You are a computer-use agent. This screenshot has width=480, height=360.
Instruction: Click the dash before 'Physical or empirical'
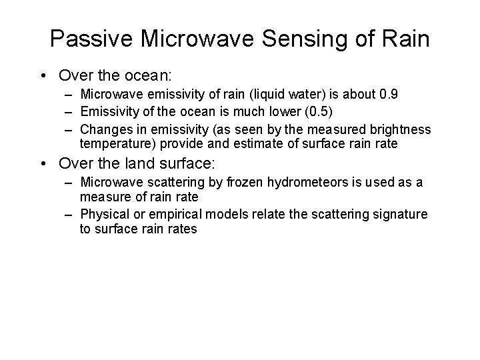(x=69, y=213)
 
